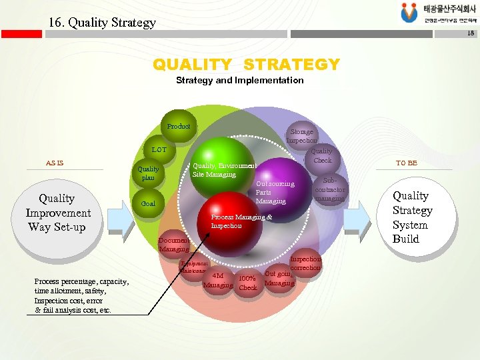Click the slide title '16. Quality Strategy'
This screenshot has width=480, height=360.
coord(102,22)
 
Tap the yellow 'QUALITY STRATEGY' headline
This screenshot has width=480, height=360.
coord(246,65)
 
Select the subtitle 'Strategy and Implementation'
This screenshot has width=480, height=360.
coord(239,80)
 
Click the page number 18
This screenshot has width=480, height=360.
coord(471,33)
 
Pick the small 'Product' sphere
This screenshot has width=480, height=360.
coord(178,127)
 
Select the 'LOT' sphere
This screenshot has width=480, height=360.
coord(159,151)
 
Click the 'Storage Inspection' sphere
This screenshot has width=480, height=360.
coord(302,135)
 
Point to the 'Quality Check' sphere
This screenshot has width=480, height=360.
coord(322,156)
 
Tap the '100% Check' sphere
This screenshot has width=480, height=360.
coord(248,283)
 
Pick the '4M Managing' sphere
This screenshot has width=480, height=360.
coord(218,281)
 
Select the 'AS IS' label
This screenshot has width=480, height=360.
coord(55,163)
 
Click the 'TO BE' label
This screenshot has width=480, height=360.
coord(407,163)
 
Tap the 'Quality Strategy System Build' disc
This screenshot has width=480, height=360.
coord(412,217)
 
